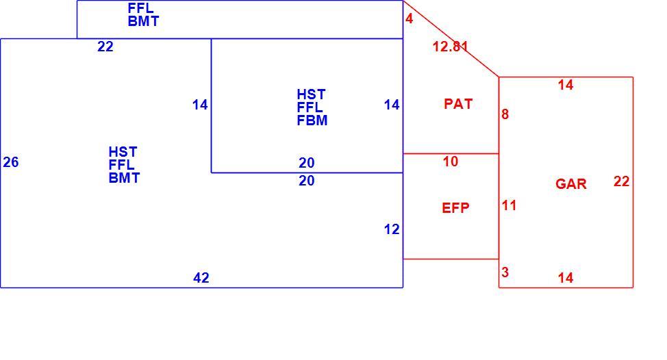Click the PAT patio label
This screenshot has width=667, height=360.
pos(458,104)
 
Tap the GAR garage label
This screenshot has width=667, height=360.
pos(571,183)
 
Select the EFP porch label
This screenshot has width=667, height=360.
pos(455,208)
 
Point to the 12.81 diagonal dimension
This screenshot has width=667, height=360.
pos(450,47)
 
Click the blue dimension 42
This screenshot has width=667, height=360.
pos(201,278)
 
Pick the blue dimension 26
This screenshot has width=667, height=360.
pos(11,162)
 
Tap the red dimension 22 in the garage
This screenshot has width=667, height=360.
pos(622,181)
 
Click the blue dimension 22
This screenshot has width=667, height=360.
pos(105,47)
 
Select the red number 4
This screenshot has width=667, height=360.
pos(410,18)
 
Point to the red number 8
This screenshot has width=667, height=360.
pos(505,114)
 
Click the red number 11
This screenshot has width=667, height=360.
pos(509,206)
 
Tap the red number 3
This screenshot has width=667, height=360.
pos(505,272)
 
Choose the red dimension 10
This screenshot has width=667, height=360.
pos(451,162)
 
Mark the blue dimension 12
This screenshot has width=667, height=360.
pos(392,229)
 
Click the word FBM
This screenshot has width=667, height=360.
pos(312,120)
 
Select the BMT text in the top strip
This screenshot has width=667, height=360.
pos(143,21)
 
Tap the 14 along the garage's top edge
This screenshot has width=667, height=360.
pos(566,85)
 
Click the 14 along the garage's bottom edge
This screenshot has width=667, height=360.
pos(566,278)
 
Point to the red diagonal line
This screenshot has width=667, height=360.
pos(451,39)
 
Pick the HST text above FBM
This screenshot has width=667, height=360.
pos(311,94)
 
